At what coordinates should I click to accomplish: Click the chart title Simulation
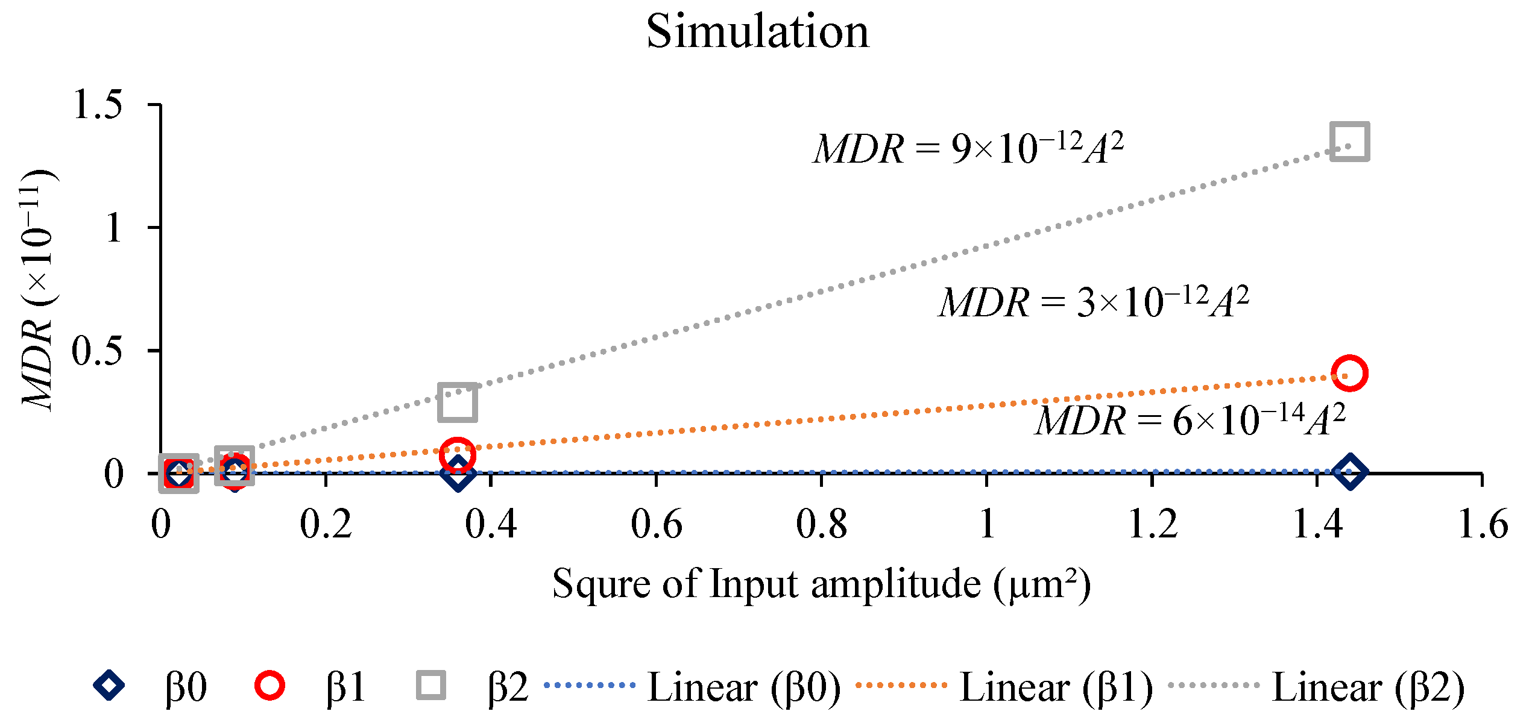click(758, 31)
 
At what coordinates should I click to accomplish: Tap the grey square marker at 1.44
click(1349, 142)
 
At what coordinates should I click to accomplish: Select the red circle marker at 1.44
click(1349, 373)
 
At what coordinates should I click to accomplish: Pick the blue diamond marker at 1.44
click(1349, 472)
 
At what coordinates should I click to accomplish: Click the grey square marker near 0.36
click(458, 402)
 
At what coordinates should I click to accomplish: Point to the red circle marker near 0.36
click(458, 454)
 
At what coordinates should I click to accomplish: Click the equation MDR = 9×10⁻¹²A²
click(968, 148)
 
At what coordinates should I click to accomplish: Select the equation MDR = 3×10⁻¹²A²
click(1094, 302)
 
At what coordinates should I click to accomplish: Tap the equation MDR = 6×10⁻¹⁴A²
click(1190, 420)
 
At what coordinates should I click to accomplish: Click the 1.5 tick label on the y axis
click(98, 105)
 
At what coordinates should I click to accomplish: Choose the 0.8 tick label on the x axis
click(821, 524)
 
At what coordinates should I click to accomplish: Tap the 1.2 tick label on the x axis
click(1152, 524)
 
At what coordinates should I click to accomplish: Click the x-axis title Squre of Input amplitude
click(821, 584)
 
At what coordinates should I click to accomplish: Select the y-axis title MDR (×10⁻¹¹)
click(37, 289)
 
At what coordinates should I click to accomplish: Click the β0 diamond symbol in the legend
click(109, 686)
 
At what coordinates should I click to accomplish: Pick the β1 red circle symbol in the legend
click(269, 686)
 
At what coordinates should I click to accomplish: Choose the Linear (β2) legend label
click(1368, 687)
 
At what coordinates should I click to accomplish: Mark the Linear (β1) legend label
click(1056, 687)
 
